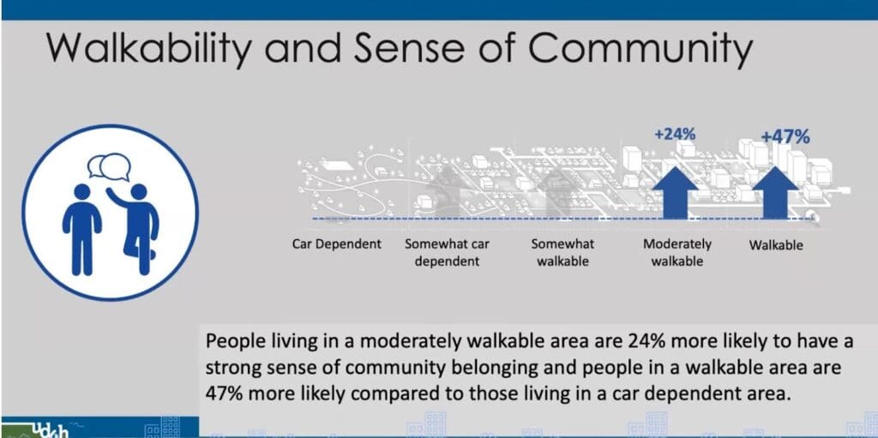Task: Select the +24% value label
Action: pyautogui.click(x=675, y=135)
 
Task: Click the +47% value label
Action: pyautogui.click(x=785, y=136)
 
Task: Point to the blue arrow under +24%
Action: pyautogui.click(x=676, y=192)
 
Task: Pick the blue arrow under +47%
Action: pyautogui.click(x=774, y=192)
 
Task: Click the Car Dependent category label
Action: pyautogui.click(x=336, y=244)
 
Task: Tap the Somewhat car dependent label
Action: pyautogui.click(x=448, y=253)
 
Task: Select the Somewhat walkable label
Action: pyautogui.click(x=562, y=253)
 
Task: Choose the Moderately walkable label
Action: pyautogui.click(x=677, y=253)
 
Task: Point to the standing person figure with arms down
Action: pyautogui.click(x=81, y=229)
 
